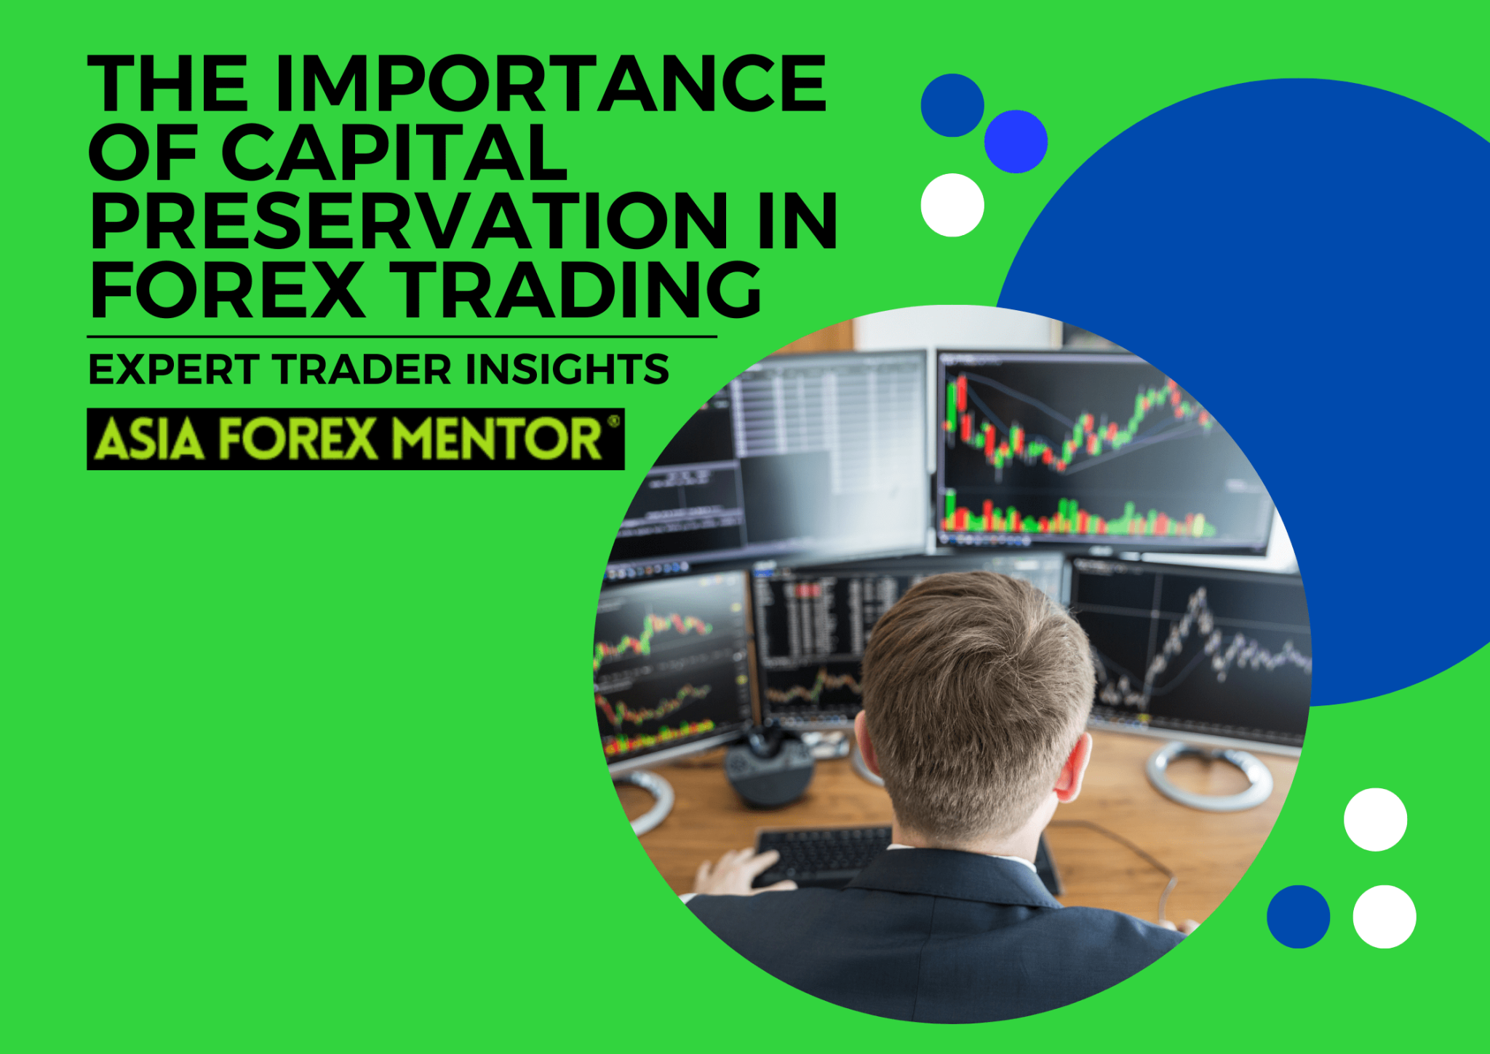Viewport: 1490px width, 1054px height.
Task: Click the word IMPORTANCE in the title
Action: coord(551,84)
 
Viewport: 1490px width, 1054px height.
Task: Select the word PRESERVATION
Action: coord(409,221)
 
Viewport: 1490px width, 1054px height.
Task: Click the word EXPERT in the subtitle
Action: coord(173,369)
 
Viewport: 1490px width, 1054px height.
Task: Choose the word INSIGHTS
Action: coord(567,369)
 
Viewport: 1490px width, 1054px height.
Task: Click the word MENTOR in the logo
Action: coord(498,439)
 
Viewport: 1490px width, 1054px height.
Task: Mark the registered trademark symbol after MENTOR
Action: coord(613,420)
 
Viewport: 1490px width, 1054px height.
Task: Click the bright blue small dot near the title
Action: coord(1016,141)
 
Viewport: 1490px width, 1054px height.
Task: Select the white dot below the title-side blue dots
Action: coord(952,205)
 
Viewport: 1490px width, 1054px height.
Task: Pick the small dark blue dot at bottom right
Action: coord(1298,916)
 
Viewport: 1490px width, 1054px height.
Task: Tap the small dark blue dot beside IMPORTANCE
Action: coord(952,105)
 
